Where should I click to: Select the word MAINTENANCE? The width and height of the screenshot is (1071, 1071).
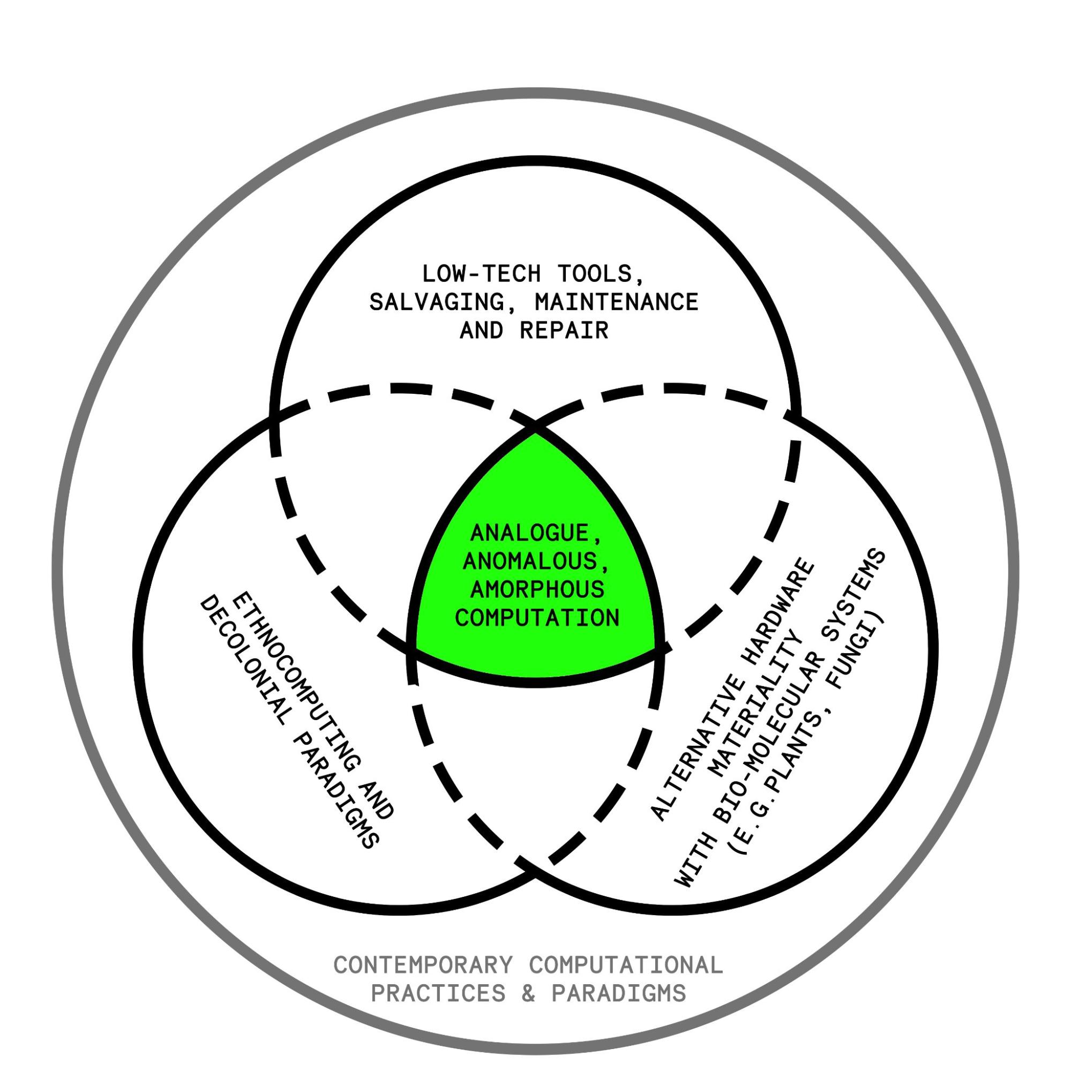pos(616,302)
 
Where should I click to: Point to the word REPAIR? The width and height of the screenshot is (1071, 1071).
pos(564,331)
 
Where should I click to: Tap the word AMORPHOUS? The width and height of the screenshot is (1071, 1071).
pos(537,589)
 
